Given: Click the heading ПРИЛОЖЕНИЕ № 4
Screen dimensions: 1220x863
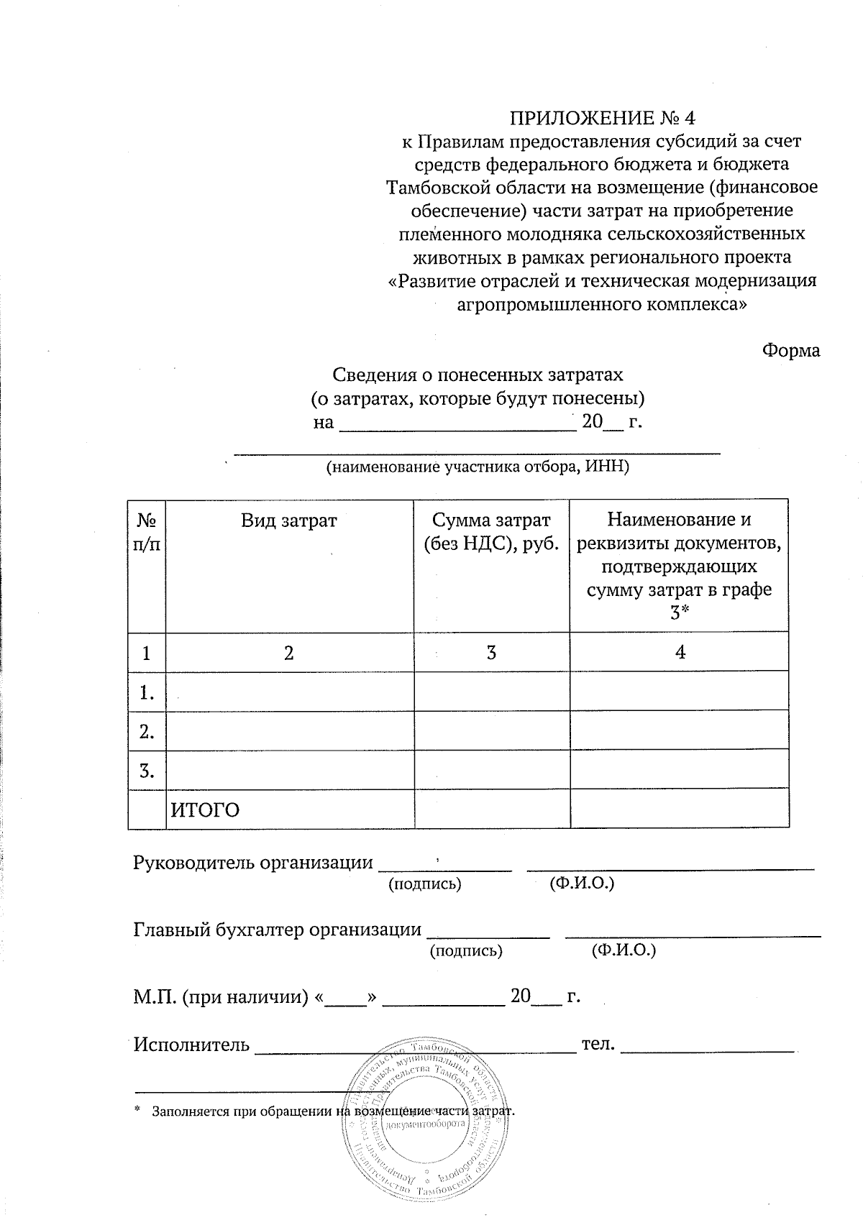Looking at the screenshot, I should click(603, 117).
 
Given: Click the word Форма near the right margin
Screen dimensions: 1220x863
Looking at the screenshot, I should click(790, 351).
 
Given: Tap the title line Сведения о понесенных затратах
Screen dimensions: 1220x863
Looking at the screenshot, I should click(477, 375).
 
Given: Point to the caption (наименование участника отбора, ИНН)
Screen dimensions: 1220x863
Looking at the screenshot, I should click(478, 467).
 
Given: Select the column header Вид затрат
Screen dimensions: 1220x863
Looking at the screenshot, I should click(288, 521).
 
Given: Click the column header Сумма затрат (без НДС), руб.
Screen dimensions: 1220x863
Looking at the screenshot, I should click(491, 532).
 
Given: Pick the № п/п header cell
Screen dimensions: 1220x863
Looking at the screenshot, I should click(147, 532).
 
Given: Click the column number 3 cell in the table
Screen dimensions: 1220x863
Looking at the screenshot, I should click(491, 653).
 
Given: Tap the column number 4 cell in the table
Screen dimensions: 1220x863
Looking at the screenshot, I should click(680, 652).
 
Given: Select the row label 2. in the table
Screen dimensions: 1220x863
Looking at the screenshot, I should click(147, 732).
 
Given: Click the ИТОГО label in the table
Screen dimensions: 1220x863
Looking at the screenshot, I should click(204, 810).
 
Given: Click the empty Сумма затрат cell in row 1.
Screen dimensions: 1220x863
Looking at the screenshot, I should click(491, 692).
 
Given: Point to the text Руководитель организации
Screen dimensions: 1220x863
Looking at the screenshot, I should click(254, 863).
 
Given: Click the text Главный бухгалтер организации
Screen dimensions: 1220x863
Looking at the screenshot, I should click(278, 930).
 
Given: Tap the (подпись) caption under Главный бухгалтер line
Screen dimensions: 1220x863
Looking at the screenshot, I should click(465, 951).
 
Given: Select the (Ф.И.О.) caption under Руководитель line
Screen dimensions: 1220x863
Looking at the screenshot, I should click(581, 884).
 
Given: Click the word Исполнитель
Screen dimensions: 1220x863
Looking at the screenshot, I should click(192, 1044).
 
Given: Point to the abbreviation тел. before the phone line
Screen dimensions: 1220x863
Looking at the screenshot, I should click(598, 1043).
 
